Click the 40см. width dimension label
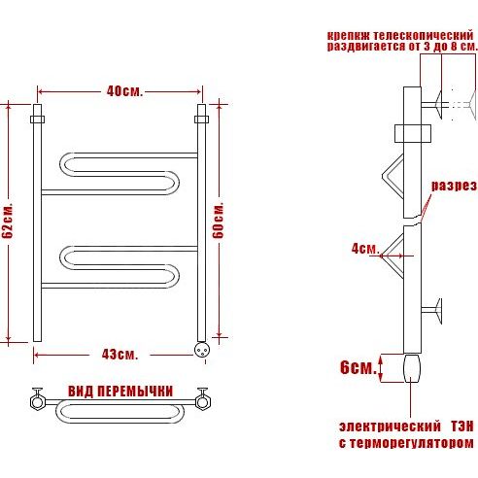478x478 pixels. (124, 91)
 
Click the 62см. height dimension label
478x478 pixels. (8, 222)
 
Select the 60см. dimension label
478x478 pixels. (219, 221)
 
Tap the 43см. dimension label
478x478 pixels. (119, 355)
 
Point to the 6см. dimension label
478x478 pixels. (358, 367)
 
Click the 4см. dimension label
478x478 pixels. (365, 249)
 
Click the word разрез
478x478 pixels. (454, 187)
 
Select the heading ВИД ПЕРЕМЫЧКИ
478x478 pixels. (120, 392)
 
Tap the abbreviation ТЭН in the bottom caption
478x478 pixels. (462, 427)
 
